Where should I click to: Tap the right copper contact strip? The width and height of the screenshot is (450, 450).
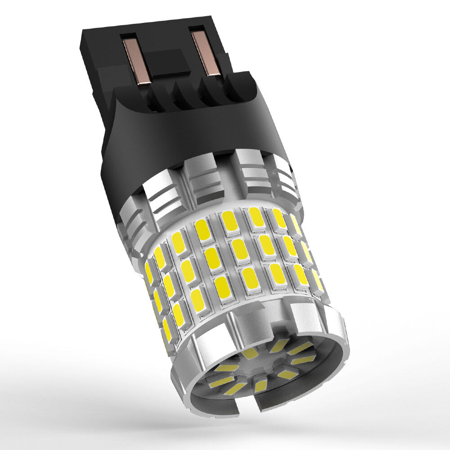[205, 52]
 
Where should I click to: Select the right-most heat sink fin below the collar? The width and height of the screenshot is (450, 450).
[286, 180]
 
